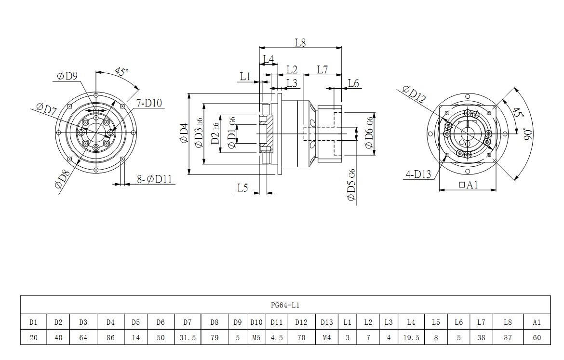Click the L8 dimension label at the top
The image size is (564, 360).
(x=300, y=42)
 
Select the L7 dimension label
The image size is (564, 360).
(x=322, y=70)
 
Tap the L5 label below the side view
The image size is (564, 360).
(x=242, y=188)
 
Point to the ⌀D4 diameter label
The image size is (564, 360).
(x=184, y=133)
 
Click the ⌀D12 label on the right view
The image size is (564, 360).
(x=414, y=95)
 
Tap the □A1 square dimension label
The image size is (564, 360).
(x=468, y=185)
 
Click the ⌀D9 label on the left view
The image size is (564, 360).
(x=67, y=76)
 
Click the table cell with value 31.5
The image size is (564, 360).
(x=188, y=338)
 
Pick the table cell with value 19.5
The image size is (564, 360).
(x=411, y=338)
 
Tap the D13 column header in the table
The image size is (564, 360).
(x=326, y=322)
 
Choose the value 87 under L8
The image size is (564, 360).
(x=507, y=338)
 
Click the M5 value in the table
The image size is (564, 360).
(x=255, y=338)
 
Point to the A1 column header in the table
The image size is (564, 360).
(x=537, y=322)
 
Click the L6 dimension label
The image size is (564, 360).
(x=353, y=83)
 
